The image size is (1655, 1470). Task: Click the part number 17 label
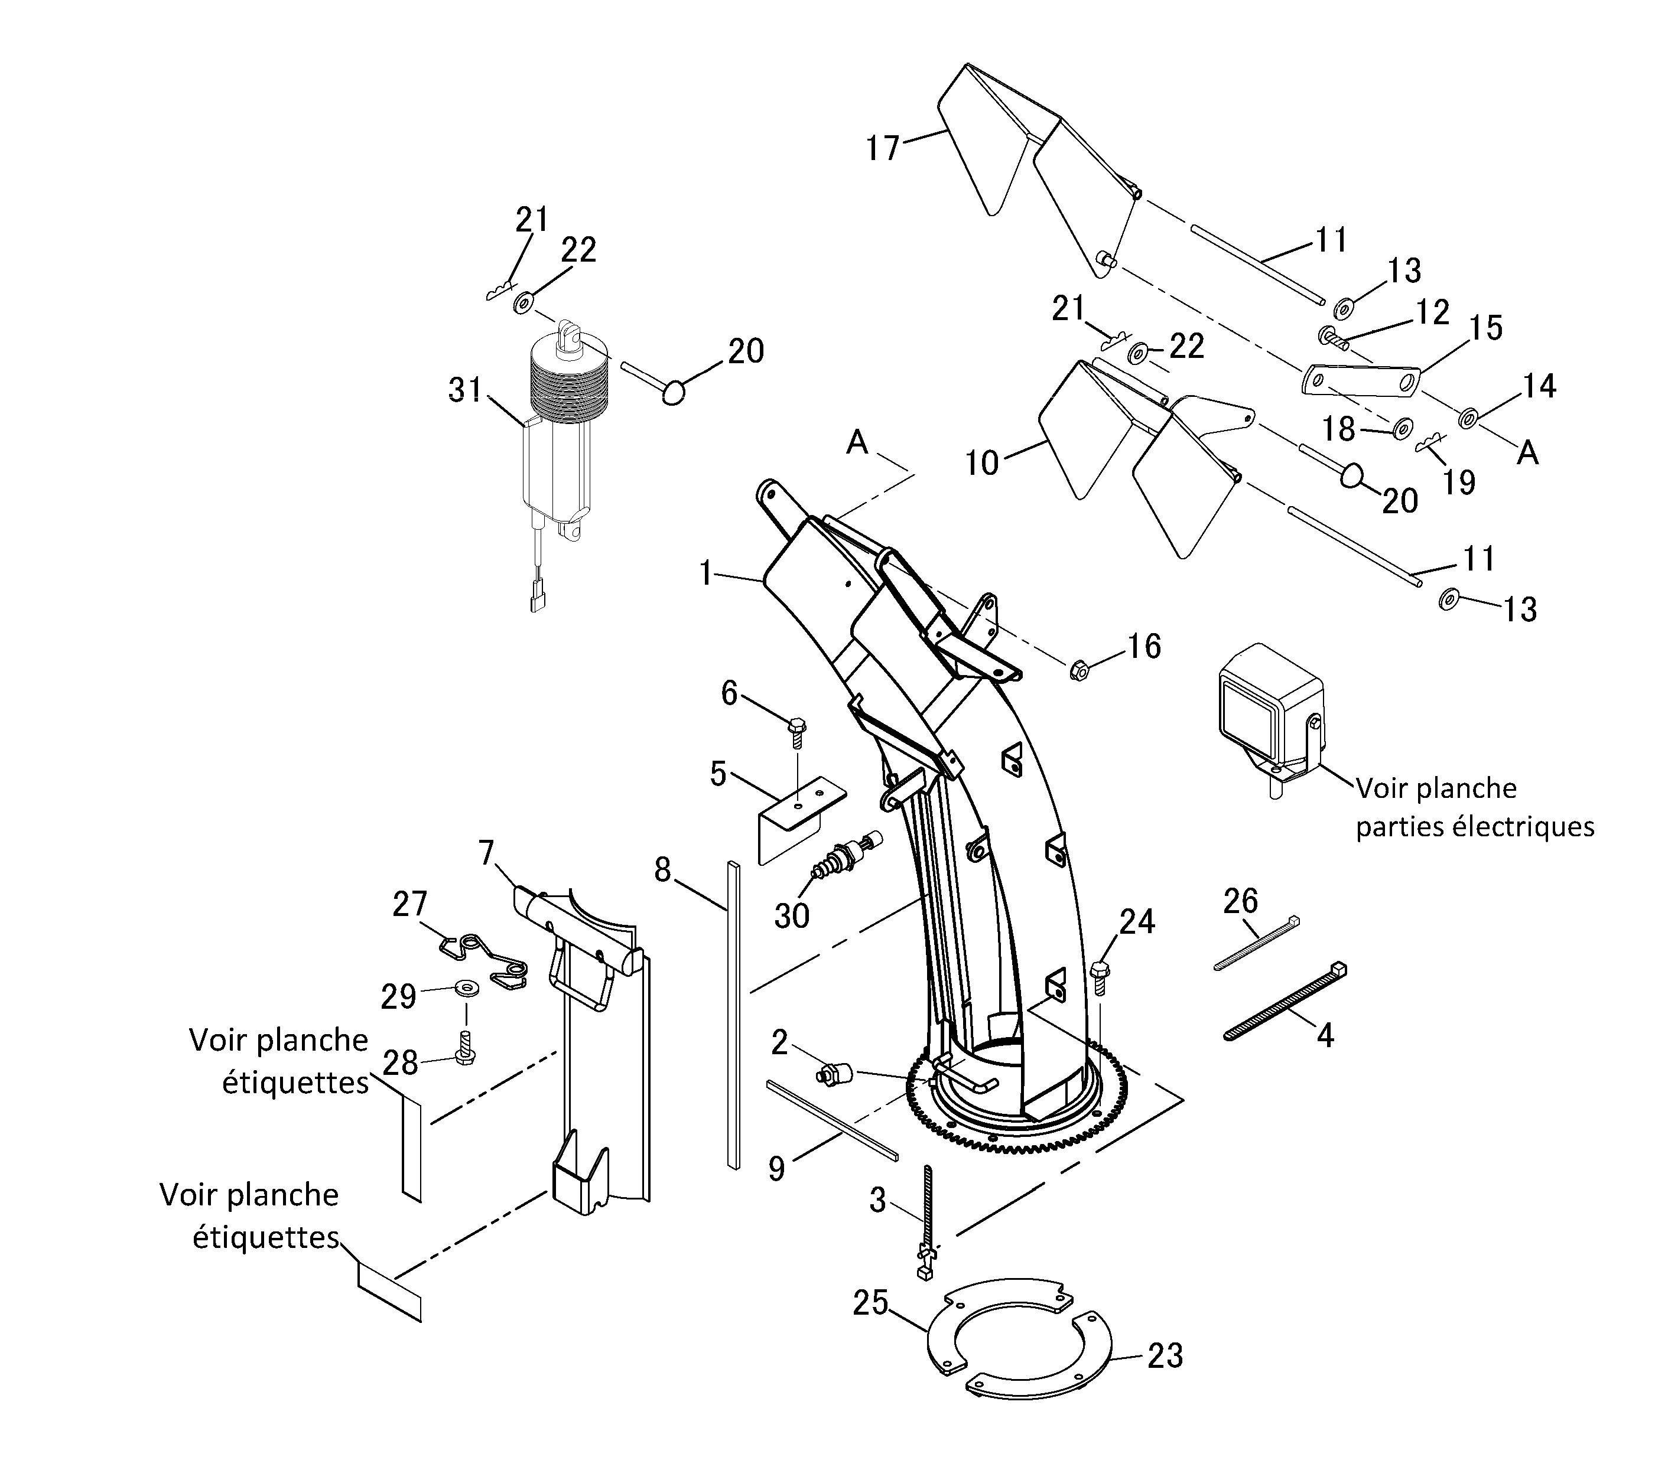[x=883, y=148]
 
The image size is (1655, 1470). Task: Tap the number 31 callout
[x=466, y=390]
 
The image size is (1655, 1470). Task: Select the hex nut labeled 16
[x=1078, y=670]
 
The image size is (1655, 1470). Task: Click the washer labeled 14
[x=1467, y=419]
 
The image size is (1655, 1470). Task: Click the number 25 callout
[x=870, y=1303]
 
